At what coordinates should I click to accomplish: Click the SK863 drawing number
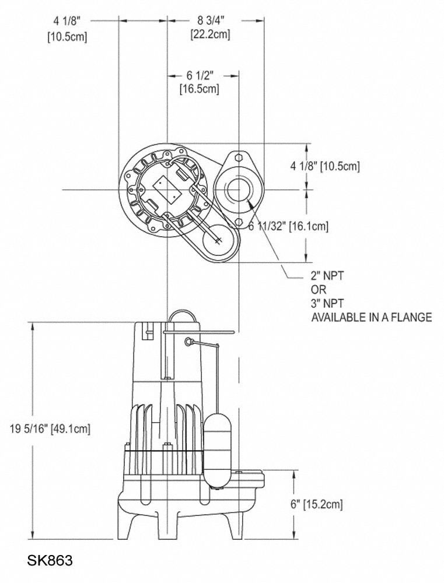click(50, 561)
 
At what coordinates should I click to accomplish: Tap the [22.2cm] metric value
click(210, 34)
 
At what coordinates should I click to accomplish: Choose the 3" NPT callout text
click(328, 303)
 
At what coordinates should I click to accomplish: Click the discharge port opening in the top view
click(238, 189)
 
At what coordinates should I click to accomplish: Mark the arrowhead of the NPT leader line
click(249, 202)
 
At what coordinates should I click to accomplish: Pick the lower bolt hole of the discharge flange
click(238, 222)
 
